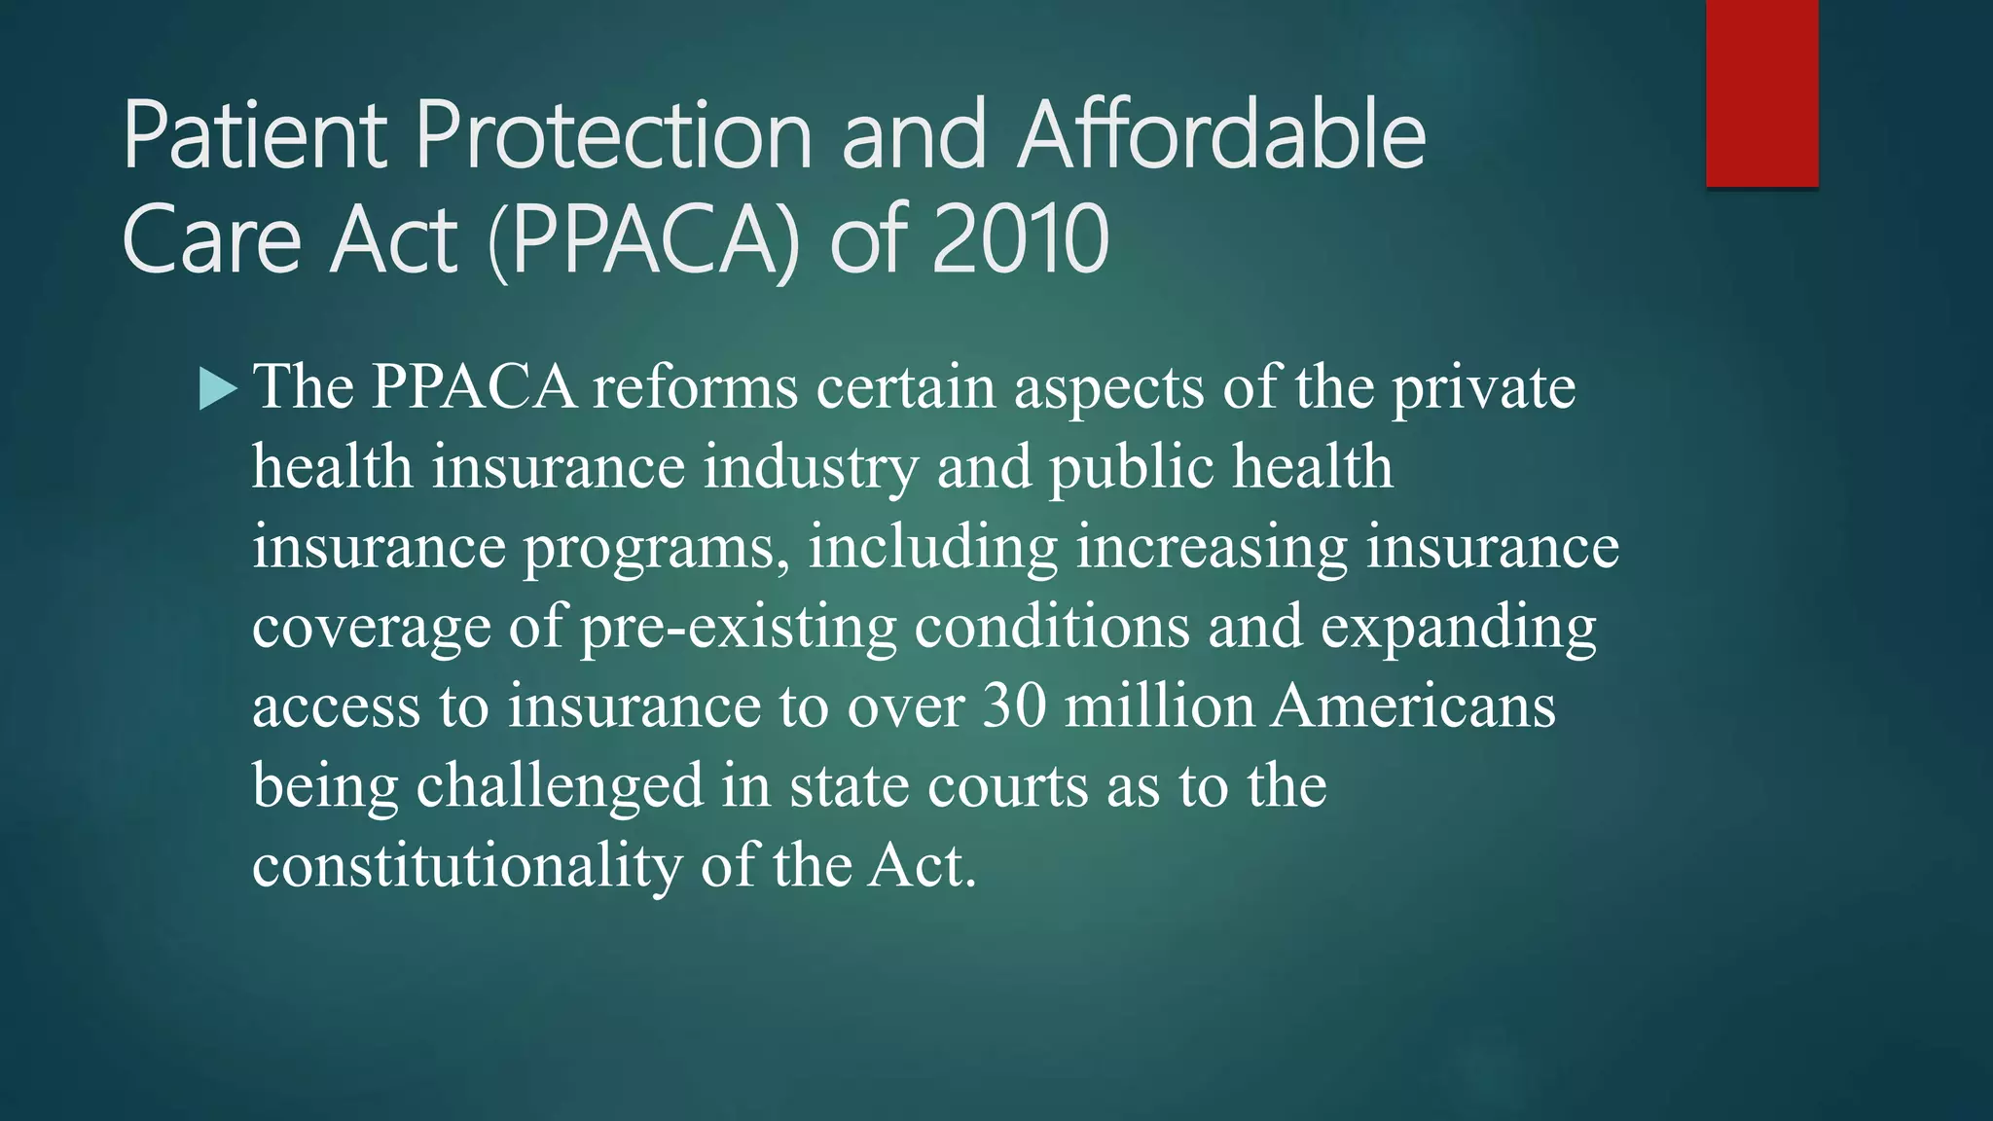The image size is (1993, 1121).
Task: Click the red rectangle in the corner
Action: [1761, 92]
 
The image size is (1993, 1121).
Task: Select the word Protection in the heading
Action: [613, 136]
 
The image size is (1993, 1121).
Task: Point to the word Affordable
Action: [1221, 136]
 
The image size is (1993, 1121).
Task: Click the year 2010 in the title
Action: [1020, 239]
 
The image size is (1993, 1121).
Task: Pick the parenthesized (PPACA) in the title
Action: [643, 239]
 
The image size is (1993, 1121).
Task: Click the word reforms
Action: [695, 387]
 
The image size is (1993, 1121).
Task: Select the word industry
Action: [811, 467]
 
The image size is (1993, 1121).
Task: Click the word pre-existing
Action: [738, 628]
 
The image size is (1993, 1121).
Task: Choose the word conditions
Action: [1051, 626]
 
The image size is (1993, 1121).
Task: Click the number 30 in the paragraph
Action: [1014, 705]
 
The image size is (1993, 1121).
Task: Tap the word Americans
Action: [1413, 705]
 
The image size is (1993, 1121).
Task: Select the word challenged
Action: [560, 786]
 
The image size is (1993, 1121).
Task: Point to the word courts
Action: [1006, 786]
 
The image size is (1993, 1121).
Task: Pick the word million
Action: [1158, 705]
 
